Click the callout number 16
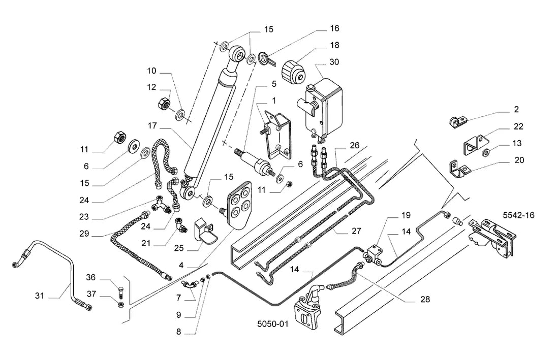[334, 28]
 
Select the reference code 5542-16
[518, 215]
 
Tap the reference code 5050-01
[273, 324]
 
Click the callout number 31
[40, 296]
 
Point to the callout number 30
[334, 62]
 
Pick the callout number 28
[425, 300]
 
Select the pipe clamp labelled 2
[456, 121]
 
